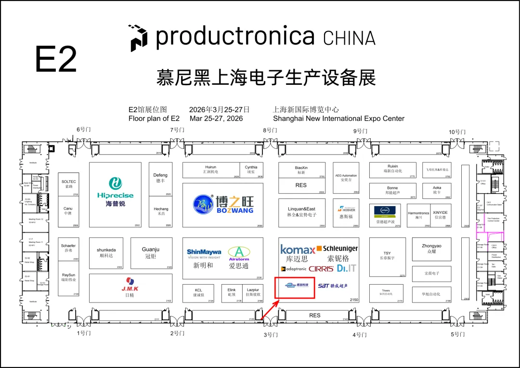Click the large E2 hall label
click(x=56, y=59)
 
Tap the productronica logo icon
click(x=139, y=38)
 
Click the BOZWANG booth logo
click(x=223, y=204)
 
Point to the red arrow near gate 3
click(x=269, y=308)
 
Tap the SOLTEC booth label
click(x=69, y=184)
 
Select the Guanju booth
click(x=151, y=253)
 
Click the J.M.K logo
click(x=130, y=284)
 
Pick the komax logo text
click(x=298, y=250)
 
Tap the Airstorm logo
click(x=239, y=253)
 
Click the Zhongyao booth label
click(x=431, y=249)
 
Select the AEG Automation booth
click(x=346, y=178)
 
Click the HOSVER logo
click(x=346, y=209)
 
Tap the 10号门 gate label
click(x=457, y=131)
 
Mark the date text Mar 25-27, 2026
click(x=216, y=118)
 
